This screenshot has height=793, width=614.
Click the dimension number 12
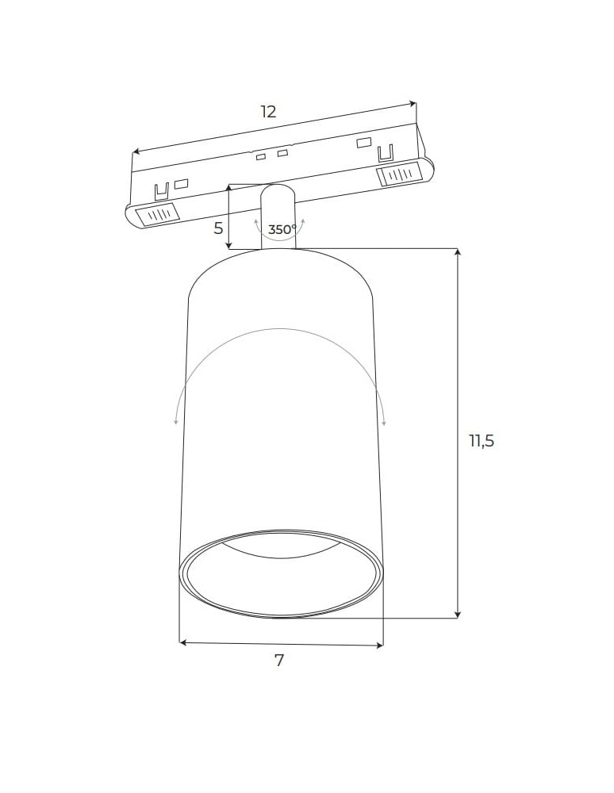point(269,112)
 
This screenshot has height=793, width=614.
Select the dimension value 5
point(218,228)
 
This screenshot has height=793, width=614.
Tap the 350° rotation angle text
point(282,230)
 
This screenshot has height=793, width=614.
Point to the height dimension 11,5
point(481,441)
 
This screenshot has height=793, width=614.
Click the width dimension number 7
point(279,660)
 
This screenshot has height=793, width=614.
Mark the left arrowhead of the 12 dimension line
point(136,151)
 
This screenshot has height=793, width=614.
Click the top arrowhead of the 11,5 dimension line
point(458,252)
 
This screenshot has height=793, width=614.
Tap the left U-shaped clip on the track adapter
point(162,191)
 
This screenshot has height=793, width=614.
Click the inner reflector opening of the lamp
point(282,575)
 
